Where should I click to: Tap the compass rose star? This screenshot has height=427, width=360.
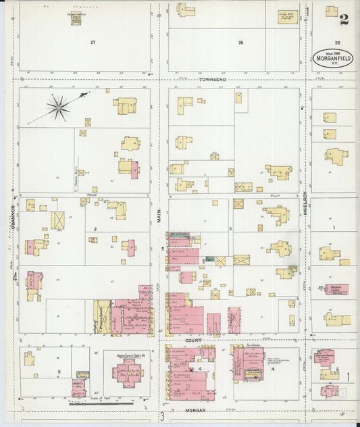(58, 106)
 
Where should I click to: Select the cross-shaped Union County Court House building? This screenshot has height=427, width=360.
(128, 372)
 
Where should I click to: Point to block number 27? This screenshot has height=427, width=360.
(93, 42)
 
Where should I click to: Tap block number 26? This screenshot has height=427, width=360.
(240, 42)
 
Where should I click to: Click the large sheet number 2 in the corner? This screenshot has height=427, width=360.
(344, 19)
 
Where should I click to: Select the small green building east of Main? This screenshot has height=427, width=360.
(209, 259)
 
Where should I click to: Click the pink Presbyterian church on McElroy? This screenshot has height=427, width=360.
(336, 289)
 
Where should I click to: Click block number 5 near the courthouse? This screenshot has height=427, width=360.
(59, 372)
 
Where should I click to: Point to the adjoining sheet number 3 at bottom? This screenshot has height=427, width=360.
(162, 416)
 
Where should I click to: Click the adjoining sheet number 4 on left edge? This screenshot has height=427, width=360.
(15, 276)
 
